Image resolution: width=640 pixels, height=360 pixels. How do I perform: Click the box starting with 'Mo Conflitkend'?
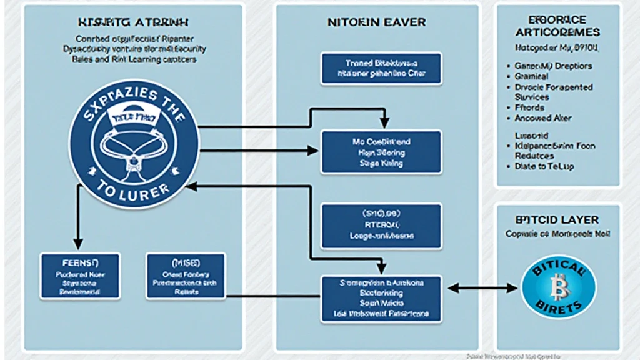click(x=381, y=152)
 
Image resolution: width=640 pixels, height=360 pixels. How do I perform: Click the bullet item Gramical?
click(x=531, y=76)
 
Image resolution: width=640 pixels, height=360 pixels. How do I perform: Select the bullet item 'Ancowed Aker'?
click(x=542, y=118)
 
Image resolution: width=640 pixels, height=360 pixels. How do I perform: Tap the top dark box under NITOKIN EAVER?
click(x=381, y=68)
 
